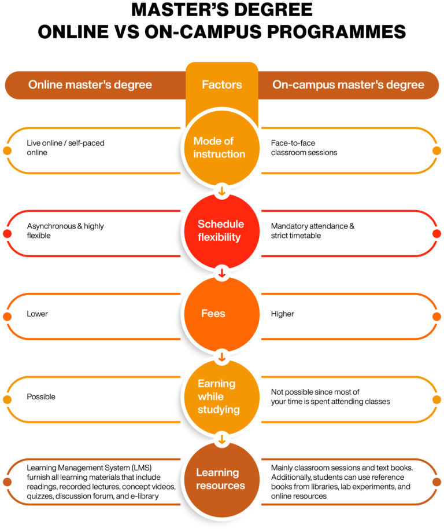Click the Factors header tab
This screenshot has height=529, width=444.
[221, 85]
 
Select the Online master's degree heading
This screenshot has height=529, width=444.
[90, 85]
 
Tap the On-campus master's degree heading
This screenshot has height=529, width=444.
[348, 85]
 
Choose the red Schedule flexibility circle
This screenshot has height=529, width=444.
[221, 230]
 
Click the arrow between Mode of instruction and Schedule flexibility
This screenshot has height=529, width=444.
[221, 190]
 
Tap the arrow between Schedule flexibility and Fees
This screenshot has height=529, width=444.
[221, 273]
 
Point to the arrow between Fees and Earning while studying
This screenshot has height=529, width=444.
[221, 357]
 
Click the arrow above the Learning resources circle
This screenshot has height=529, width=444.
[221, 439]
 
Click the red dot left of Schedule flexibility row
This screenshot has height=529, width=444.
[7, 234]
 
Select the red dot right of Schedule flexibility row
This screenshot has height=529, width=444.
[436, 234]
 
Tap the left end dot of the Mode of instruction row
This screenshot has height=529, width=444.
[7, 151]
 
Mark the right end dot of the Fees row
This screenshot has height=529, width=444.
[436, 317]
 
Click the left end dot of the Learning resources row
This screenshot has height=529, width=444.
[7, 482]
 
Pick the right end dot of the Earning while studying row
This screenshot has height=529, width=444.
[436, 400]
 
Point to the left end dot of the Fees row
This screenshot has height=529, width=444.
[7, 317]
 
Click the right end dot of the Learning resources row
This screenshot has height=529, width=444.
[436, 482]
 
